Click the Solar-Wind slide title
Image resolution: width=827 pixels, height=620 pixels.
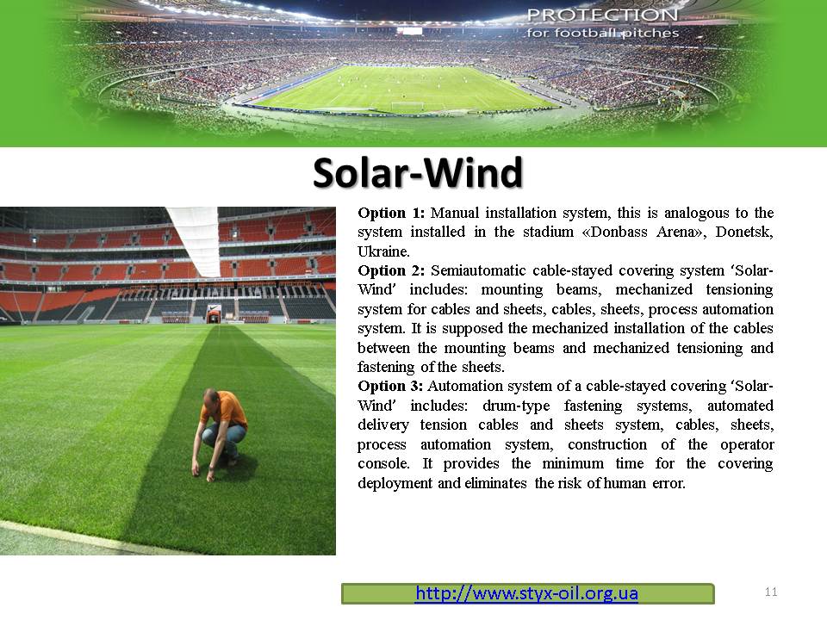tap(418, 173)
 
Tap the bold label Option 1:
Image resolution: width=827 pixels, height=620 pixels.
tap(391, 213)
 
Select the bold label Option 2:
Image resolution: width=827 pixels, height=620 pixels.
tap(391, 270)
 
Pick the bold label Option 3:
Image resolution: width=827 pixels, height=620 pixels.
tap(390, 386)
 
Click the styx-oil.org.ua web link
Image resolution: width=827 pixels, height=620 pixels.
tap(526, 593)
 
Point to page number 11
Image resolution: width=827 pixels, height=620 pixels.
tap(770, 592)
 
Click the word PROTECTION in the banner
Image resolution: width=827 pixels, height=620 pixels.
tap(603, 15)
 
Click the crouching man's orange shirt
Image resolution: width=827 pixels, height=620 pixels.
tap(225, 409)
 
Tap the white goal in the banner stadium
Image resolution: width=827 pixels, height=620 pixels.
tap(407, 105)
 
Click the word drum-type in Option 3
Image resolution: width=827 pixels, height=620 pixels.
tap(516, 406)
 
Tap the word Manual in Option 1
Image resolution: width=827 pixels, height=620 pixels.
tap(455, 213)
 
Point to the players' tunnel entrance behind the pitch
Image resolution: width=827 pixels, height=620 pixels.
tap(214, 316)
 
